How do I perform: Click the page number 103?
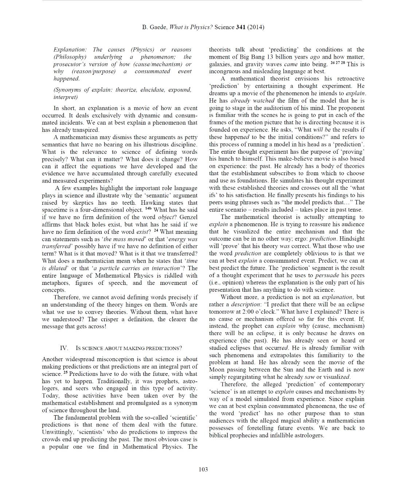coord(203,469)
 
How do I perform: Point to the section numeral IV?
coord(64,348)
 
